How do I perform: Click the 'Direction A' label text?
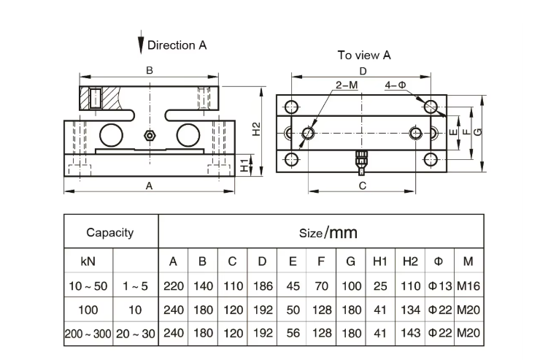177,45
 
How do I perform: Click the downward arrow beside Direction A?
140,45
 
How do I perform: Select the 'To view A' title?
364,55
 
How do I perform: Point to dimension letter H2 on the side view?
255,129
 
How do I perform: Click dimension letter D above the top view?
363,70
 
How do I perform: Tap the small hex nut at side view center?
150,135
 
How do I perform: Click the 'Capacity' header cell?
110,233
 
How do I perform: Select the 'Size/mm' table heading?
328,233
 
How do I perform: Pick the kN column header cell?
88,261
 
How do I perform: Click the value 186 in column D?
261,286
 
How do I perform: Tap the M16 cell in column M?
469,286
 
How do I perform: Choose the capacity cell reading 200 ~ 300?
88,333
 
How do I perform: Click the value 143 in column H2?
409,333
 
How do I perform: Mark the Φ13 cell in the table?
439,286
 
